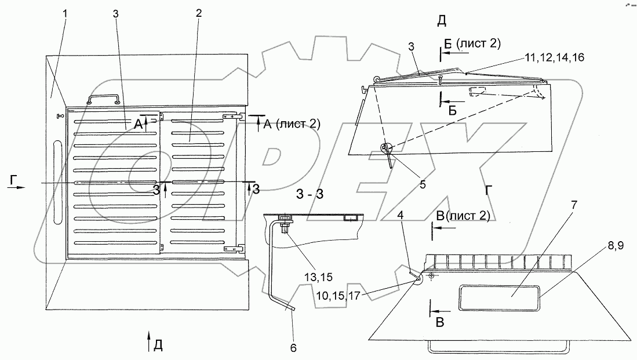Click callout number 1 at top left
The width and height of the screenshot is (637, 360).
[65, 13]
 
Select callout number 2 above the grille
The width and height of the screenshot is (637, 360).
[198, 13]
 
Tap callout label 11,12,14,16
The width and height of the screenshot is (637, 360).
[555, 58]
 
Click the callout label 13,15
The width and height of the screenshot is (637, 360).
[318, 277]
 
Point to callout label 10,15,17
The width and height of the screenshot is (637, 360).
[338, 296]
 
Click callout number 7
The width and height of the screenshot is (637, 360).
[574, 205]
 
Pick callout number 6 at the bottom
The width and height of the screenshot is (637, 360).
[293, 348]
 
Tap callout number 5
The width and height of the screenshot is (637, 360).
[423, 185]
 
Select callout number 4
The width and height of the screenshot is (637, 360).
[401, 215]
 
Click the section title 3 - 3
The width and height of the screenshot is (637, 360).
[310, 194]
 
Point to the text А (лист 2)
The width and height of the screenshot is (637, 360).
[292, 123]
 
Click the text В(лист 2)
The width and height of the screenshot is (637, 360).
[463, 216]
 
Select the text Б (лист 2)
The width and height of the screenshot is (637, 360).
[472, 43]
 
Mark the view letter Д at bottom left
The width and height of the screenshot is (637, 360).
[158, 346]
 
